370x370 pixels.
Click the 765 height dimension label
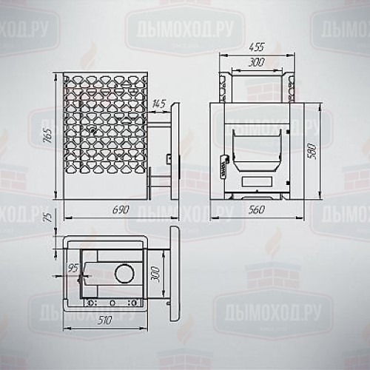[47, 135]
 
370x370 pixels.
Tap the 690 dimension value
[121, 210]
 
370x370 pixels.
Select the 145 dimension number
[158, 104]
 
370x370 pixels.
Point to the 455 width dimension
[257, 47]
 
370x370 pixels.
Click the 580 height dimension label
[312, 151]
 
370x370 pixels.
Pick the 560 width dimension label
[257, 209]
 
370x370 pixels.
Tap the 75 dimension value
[49, 217]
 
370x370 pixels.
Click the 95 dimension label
[73, 268]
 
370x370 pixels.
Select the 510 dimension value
[104, 320]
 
